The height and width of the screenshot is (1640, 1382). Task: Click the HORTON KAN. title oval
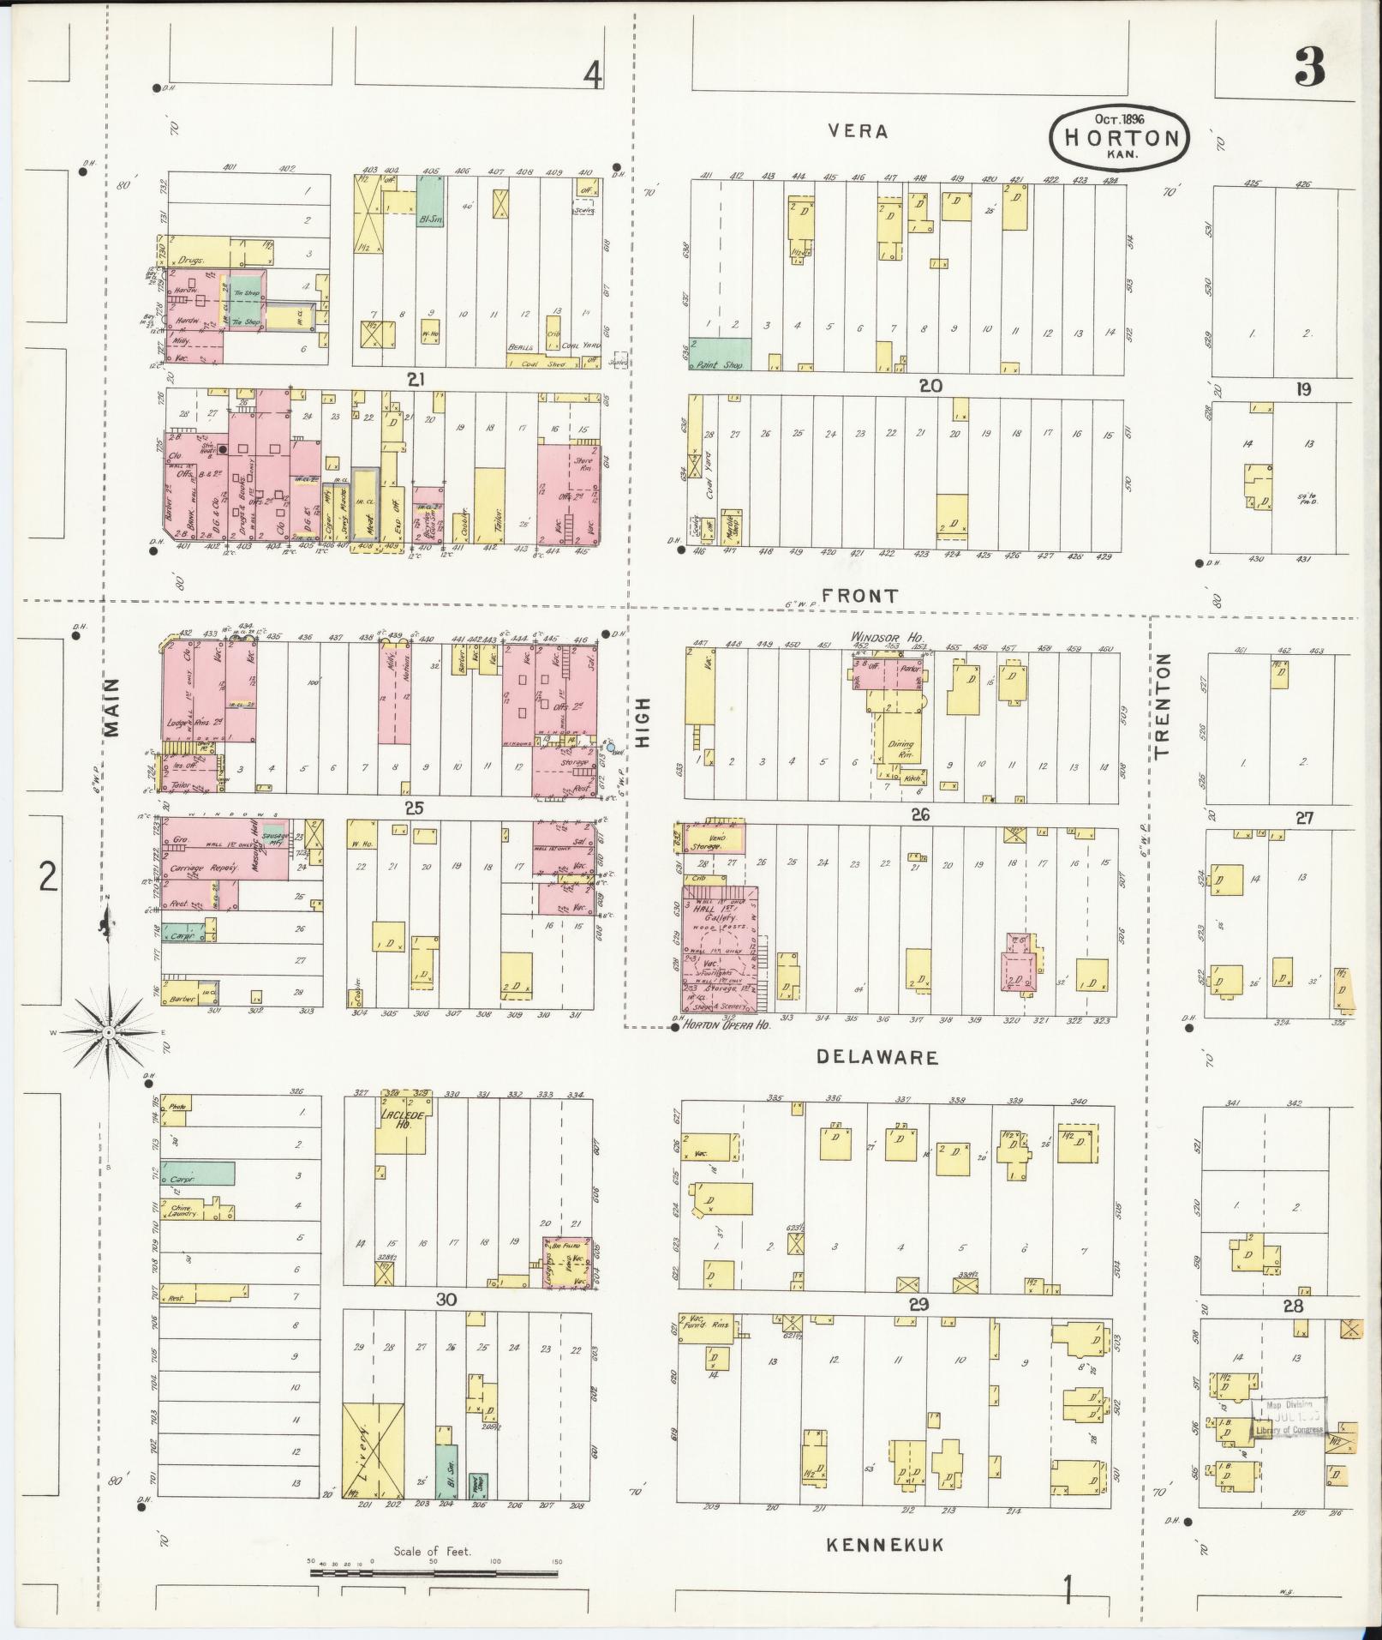click(1119, 136)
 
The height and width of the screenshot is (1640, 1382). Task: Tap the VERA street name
click(858, 131)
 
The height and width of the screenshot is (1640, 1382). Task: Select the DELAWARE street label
click(877, 1057)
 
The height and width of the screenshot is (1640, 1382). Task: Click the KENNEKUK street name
click(885, 1544)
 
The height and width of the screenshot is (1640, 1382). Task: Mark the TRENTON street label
click(1162, 706)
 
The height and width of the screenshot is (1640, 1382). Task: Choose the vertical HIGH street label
click(643, 723)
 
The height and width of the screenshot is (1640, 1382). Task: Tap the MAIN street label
click(112, 707)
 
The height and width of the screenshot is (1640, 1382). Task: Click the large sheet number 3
click(1309, 66)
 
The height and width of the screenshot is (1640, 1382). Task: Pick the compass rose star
click(109, 1034)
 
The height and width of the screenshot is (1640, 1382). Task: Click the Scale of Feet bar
click(434, 1574)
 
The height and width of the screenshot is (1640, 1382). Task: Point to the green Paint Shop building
click(720, 354)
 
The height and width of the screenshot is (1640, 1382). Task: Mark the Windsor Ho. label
click(880, 638)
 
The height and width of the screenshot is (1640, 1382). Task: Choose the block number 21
click(416, 378)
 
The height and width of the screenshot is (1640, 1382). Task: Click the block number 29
click(919, 1304)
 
